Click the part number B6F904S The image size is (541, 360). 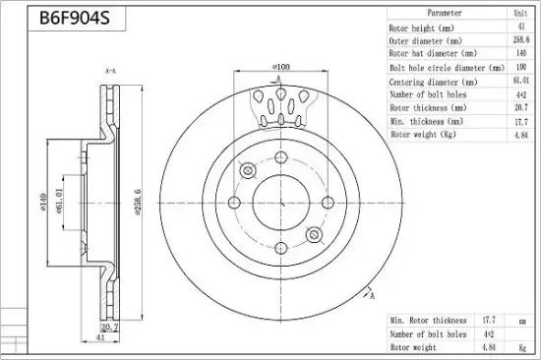point(75,18)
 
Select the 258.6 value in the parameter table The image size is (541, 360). point(521,40)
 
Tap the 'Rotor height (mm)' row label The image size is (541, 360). point(421,28)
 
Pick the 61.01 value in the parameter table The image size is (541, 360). point(521,81)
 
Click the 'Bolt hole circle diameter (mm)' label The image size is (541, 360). point(448,68)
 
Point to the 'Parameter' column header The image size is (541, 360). point(445,13)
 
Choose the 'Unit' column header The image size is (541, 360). point(520,14)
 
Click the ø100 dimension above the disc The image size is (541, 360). point(281,66)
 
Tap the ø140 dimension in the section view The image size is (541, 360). point(42,203)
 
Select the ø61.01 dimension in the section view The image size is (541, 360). point(58,201)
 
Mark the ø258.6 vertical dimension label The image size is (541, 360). point(138,203)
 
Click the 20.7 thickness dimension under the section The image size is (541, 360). point(110,327)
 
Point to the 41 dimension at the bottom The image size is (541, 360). point(99,338)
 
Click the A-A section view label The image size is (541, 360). point(110,72)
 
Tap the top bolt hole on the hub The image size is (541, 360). point(281,157)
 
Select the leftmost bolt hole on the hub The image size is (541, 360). point(234,203)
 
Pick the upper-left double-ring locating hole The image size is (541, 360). point(247,170)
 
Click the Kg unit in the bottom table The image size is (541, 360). point(522,348)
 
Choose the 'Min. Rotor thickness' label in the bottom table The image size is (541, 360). point(428,321)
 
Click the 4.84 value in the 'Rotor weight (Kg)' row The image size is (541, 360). point(521,135)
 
